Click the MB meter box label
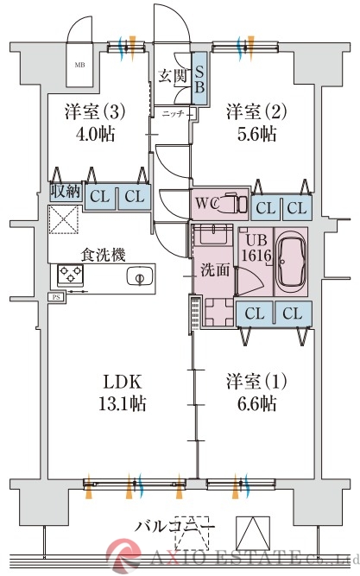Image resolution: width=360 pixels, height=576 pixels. (x=79, y=65)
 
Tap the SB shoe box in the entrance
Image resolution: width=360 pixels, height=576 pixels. (x=198, y=75)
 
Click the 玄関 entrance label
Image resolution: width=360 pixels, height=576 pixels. (x=173, y=76)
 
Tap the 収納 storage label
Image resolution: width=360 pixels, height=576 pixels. (x=65, y=192)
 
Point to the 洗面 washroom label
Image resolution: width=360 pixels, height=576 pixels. (x=216, y=269)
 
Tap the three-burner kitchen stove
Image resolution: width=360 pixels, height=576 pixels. (x=69, y=275)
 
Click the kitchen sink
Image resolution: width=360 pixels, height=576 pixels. (x=136, y=277)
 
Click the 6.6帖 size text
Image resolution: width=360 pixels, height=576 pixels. (x=251, y=403)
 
